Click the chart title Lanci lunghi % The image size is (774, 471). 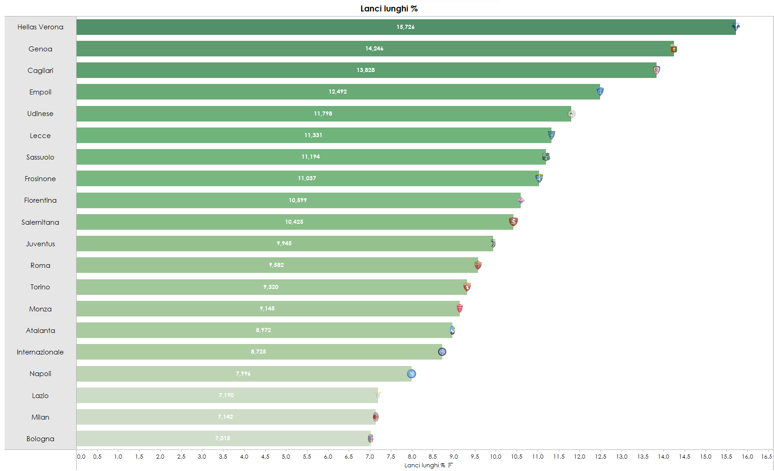[389, 9]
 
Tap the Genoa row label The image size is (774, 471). [40, 49]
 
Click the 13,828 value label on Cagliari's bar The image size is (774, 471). [366, 70]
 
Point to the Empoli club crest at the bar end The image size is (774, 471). [600, 92]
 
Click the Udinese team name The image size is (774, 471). [40, 114]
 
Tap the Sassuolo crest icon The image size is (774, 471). [546, 157]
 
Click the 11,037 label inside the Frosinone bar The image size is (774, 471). [307, 178]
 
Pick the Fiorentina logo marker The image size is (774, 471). [521, 200]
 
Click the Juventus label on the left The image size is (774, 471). [40, 244]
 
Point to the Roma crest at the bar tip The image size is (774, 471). [478, 265]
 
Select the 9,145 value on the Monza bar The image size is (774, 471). [267, 309]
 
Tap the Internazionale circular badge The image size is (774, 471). [442, 352]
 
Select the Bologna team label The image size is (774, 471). [40, 439]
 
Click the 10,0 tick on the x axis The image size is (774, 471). [496, 457]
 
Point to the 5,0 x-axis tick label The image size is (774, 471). [286, 457]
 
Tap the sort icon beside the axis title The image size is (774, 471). [450, 465]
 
